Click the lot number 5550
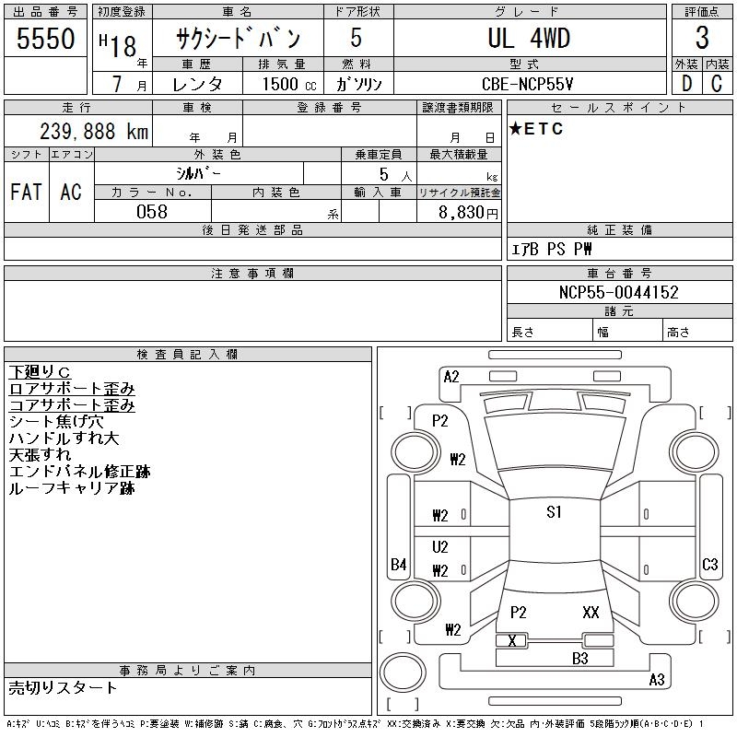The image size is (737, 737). point(45,39)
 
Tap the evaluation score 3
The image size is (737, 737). point(702,39)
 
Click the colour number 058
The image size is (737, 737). point(152,211)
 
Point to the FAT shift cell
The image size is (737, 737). point(26,192)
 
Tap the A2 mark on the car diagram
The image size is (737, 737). point(451,376)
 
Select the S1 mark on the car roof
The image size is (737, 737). point(554,512)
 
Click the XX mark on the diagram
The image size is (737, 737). point(591,612)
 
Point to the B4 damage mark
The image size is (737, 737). point(399,564)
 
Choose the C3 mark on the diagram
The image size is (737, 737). point(709,564)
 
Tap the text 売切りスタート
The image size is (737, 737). point(64,687)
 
